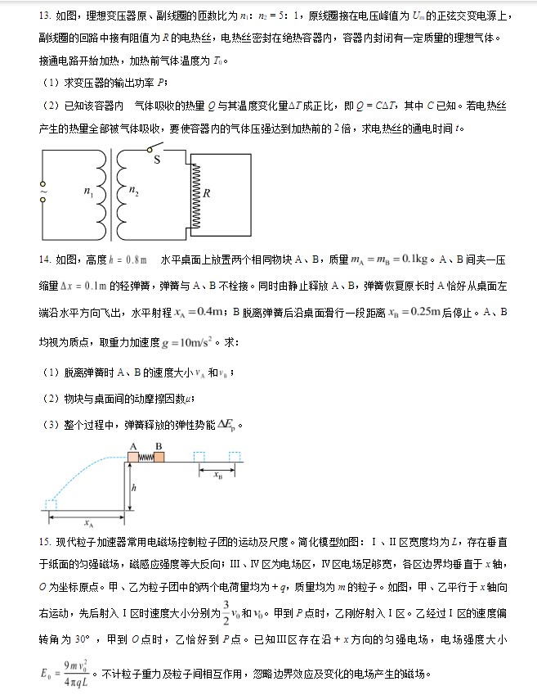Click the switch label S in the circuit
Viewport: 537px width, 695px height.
[156, 160]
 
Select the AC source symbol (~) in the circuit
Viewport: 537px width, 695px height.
[43, 193]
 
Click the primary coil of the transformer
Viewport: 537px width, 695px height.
[102, 193]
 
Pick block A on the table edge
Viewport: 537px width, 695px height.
[132, 457]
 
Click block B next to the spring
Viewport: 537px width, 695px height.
[159, 457]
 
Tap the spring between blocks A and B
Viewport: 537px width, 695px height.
[145, 457]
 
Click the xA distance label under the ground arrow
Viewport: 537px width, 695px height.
[87, 520]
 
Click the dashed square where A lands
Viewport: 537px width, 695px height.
[51, 503]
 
